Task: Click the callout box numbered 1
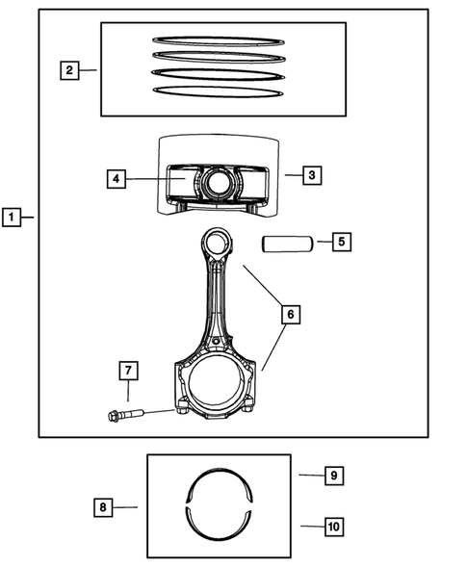click(11, 219)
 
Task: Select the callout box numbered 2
click(68, 70)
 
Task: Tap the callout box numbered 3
click(311, 175)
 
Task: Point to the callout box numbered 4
click(116, 179)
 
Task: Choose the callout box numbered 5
click(341, 242)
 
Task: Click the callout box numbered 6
click(289, 314)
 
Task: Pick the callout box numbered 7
click(128, 370)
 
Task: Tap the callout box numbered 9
click(333, 476)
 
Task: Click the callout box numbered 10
click(333, 527)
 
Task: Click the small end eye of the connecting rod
click(216, 241)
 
